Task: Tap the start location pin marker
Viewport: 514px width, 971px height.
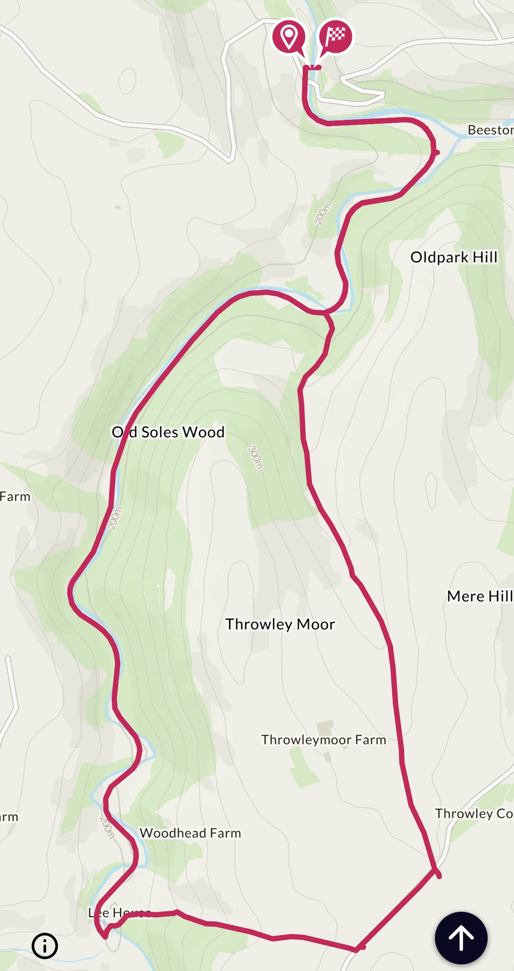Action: (x=289, y=36)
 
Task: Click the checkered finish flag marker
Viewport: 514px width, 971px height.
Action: (x=336, y=36)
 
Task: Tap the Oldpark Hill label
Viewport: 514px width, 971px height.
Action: (x=454, y=257)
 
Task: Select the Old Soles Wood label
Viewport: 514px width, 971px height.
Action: (x=168, y=432)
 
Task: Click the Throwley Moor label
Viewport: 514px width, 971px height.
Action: (x=280, y=624)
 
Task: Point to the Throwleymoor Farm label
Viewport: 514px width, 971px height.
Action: (x=324, y=740)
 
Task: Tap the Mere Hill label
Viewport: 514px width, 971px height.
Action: (x=480, y=597)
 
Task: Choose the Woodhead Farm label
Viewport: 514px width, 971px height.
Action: (x=190, y=833)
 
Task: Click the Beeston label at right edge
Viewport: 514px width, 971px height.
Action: (x=490, y=130)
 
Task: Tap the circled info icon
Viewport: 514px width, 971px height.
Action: (x=45, y=946)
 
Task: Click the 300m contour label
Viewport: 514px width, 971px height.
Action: (x=255, y=457)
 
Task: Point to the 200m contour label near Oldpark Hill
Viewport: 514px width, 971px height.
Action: (x=323, y=214)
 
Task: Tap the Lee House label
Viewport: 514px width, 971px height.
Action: (x=119, y=913)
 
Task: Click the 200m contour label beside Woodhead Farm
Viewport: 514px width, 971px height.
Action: (x=107, y=827)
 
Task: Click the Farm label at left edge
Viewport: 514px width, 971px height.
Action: (x=15, y=497)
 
